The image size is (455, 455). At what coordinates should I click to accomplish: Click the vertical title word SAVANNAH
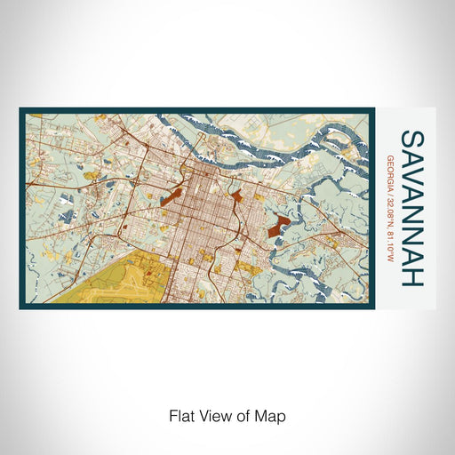[x=412, y=208]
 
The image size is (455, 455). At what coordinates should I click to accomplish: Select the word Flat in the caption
[x=182, y=415]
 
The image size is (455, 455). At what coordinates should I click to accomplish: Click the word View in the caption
[x=216, y=415]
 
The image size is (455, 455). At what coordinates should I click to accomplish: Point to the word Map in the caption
[x=274, y=415]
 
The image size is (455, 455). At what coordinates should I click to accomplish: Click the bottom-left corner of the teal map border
[x=21, y=307]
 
